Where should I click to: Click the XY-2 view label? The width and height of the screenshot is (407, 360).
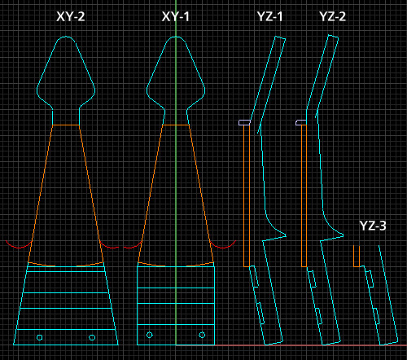71,16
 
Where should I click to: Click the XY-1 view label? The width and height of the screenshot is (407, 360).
176,16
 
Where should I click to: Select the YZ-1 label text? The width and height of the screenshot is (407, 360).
269,16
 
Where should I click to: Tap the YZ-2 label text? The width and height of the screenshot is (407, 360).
333,16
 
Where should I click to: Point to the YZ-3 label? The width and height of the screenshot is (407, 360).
373,226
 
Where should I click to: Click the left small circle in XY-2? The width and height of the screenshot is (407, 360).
40,337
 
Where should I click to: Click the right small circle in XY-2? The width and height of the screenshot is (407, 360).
92,337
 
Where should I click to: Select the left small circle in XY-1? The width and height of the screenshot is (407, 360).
150,335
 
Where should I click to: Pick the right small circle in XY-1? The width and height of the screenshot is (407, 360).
202,335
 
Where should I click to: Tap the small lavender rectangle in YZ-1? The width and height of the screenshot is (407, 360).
244,123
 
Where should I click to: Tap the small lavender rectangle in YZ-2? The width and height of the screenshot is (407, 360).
301,122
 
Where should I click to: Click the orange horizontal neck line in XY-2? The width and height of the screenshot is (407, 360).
66,125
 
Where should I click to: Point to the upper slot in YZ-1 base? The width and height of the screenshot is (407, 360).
254,276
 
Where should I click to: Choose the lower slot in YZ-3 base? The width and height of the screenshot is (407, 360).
377,316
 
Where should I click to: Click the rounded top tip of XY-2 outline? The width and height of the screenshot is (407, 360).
66,37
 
